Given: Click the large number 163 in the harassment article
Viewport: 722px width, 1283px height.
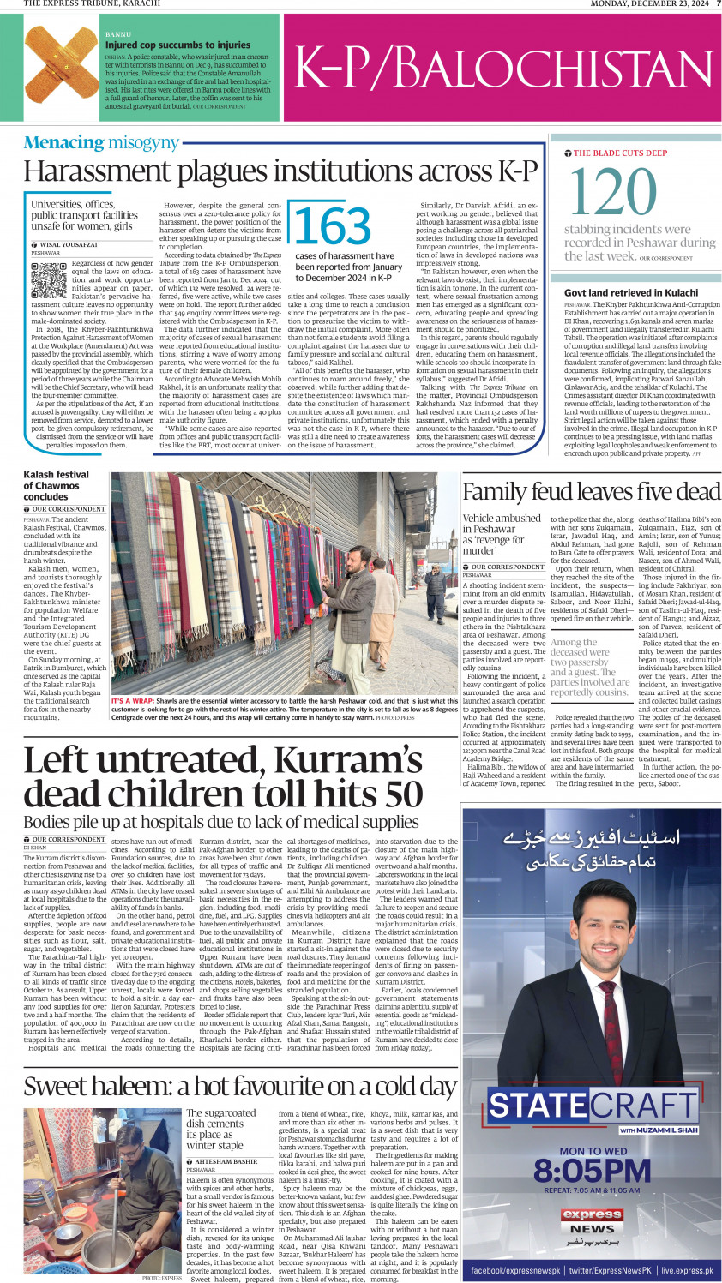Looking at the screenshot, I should click(x=333, y=225).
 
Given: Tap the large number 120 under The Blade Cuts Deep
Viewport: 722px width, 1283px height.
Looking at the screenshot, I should click(x=612, y=192).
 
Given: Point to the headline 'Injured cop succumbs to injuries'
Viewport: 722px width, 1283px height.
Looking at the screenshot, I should click(x=177, y=45).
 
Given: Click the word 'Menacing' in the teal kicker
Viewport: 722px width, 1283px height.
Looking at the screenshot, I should click(x=63, y=143).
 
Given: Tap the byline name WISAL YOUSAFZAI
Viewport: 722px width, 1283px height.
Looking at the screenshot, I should click(x=69, y=245).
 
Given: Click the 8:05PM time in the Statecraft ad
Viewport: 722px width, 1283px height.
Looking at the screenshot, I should click(x=592, y=1171).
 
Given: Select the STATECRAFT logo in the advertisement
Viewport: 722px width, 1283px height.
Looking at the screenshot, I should click(x=592, y=1105).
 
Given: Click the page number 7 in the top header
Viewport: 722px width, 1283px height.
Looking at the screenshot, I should click(x=718, y=3).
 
